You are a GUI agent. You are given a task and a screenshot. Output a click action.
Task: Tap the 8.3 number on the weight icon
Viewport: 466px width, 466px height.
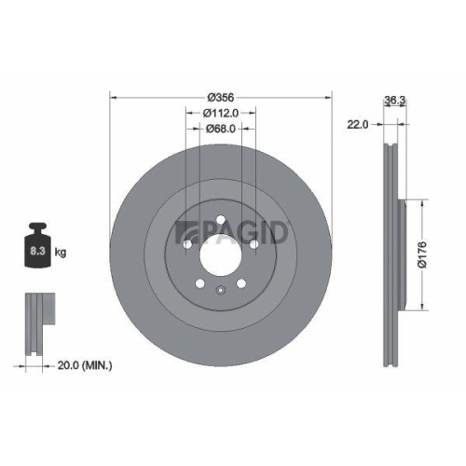(x=36, y=251)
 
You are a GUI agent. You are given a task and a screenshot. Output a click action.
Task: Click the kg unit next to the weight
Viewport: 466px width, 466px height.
(x=61, y=252)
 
